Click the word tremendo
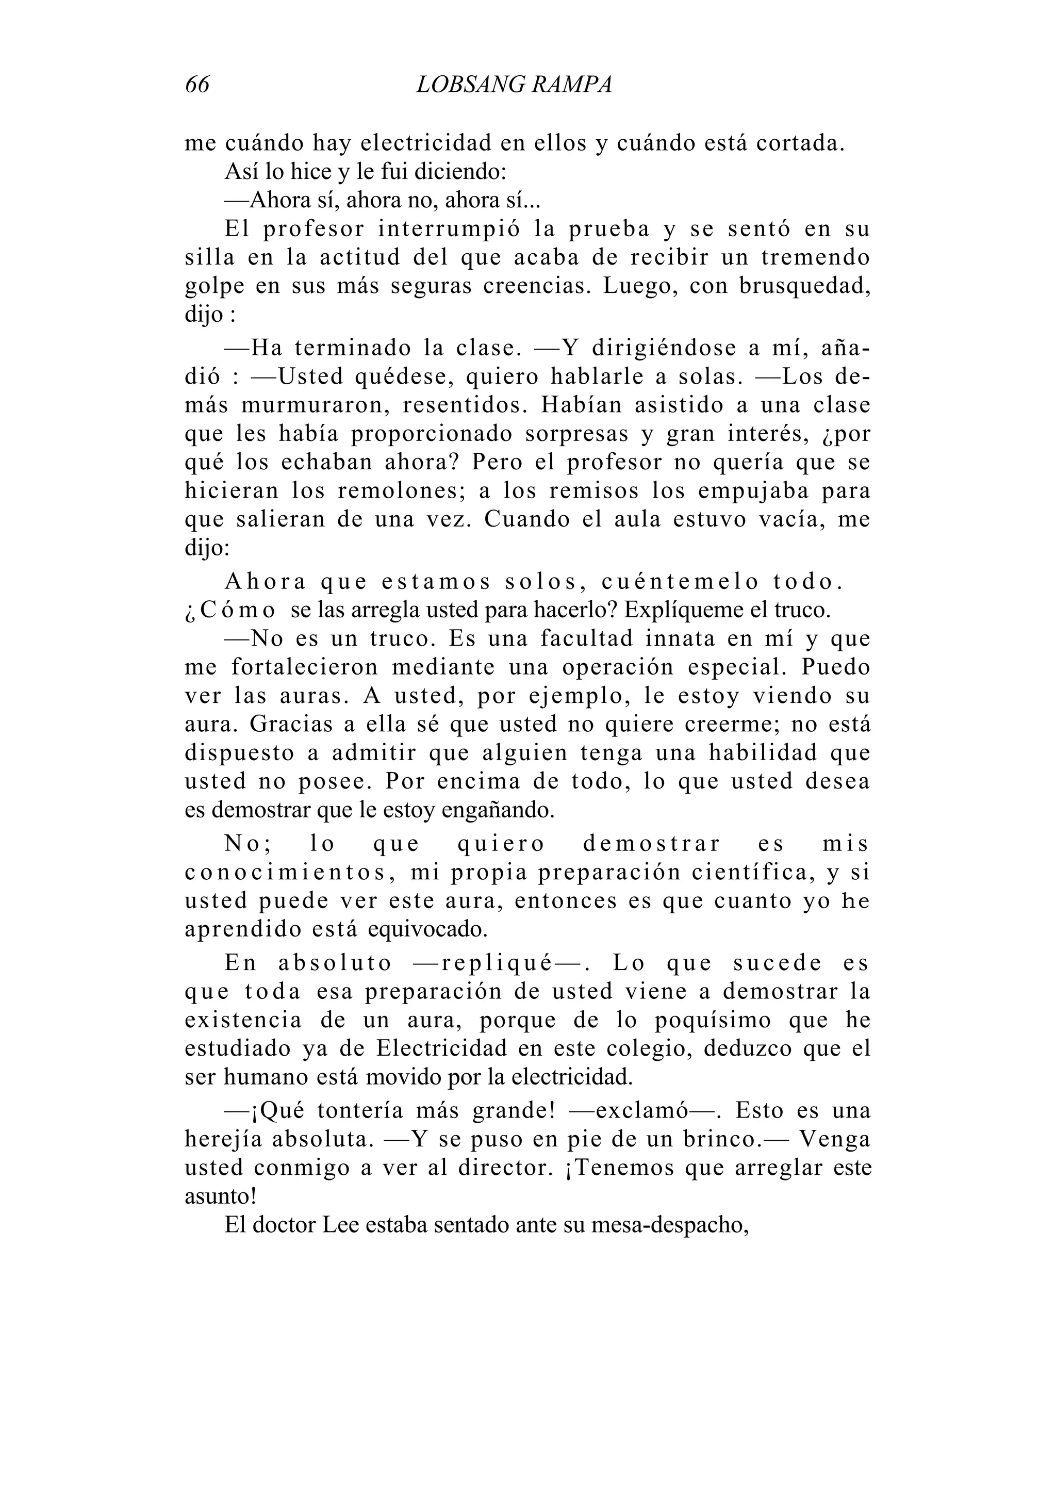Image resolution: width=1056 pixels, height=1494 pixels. click(x=815, y=258)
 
